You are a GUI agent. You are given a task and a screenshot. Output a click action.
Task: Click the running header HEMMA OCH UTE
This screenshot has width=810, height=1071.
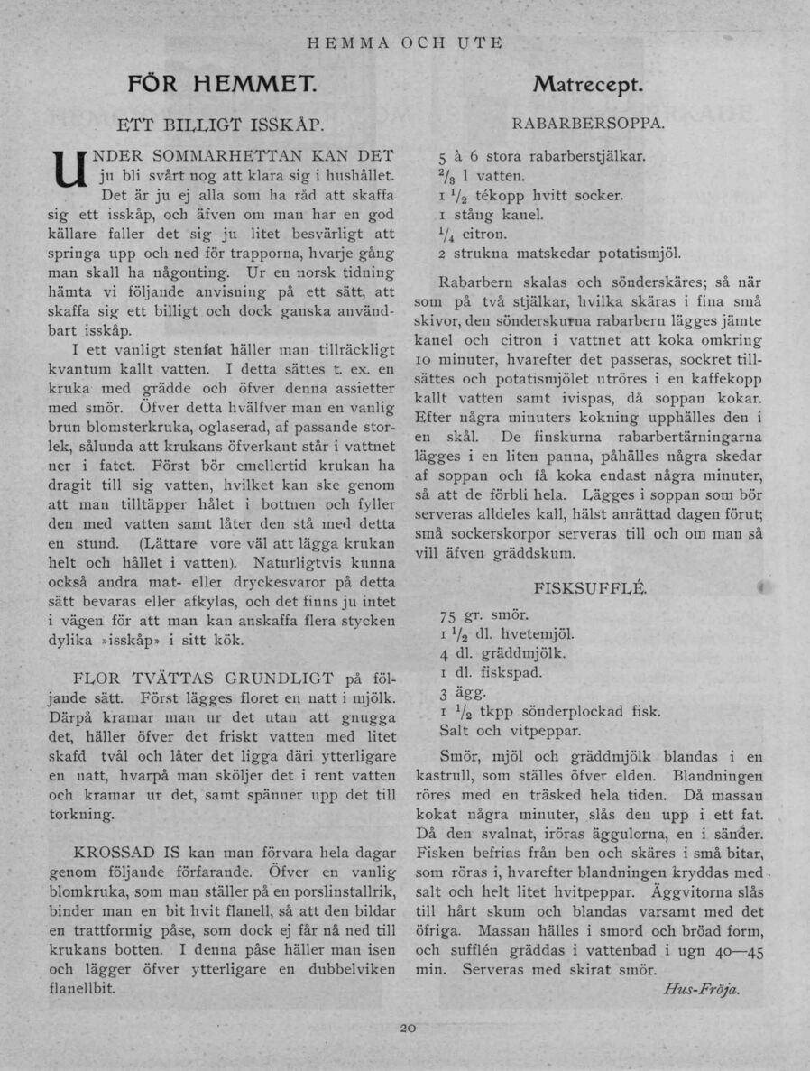[x=405, y=42]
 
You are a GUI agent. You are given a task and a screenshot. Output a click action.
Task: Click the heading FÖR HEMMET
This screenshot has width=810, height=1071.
[x=221, y=86]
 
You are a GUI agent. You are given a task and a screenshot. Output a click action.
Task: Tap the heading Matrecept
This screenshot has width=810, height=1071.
[x=587, y=86]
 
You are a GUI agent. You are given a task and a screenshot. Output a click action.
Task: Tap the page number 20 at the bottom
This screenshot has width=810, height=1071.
[x=407, y=1028]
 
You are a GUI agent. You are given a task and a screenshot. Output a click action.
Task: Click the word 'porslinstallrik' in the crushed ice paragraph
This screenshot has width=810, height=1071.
[x=338, y=891]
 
